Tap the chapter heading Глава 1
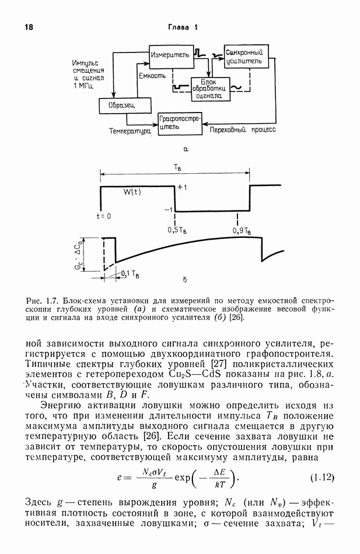pos(184,27)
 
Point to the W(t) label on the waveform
pos(132,191)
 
